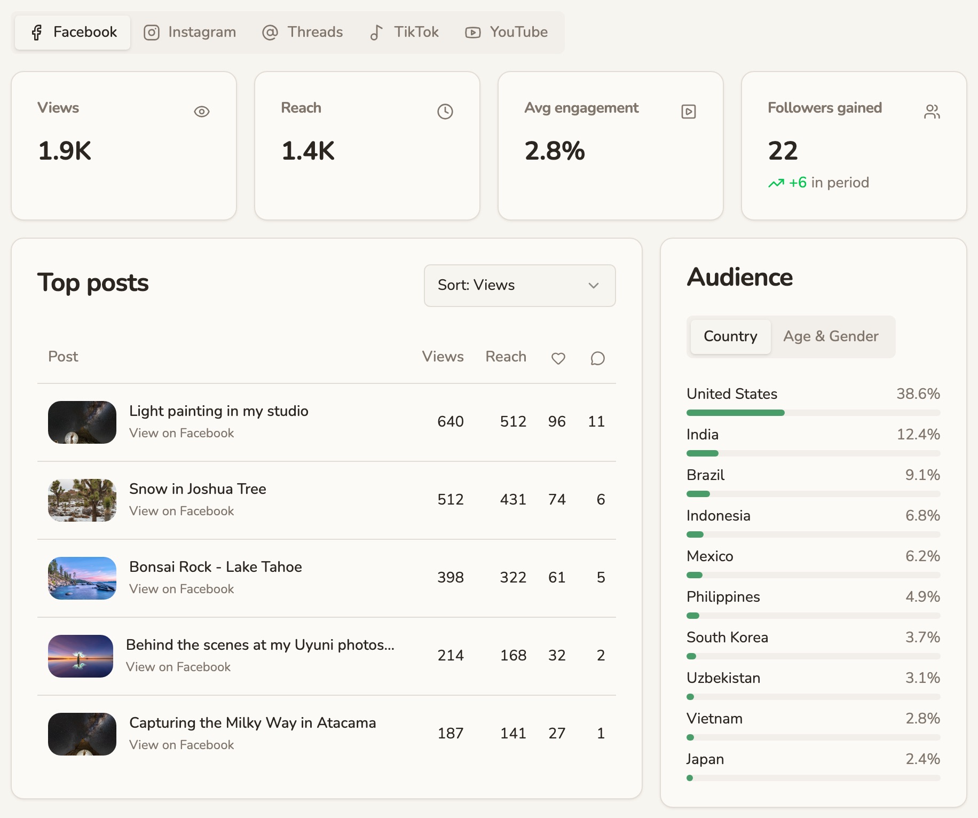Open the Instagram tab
point(190,32)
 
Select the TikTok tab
point(404,32)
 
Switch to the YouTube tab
point(506,32)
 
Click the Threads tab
point(302,32)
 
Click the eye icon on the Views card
point(202,112)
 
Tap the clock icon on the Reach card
point(445,112)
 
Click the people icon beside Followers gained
point(932,112)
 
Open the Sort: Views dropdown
point(519,286)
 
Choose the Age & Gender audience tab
point(831,336)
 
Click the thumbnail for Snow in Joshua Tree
point(82,500)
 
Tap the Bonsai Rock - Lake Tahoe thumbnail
point(82,578)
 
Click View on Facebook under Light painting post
point(182,433)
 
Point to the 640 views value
point(451,422)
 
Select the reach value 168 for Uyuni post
point(513,656)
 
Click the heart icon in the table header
point(558,358)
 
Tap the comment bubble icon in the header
point(598,358)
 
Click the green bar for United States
point(736,413)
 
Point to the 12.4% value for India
point(918,435)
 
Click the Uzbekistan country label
point(723,678)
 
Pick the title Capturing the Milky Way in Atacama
point(253,723)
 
